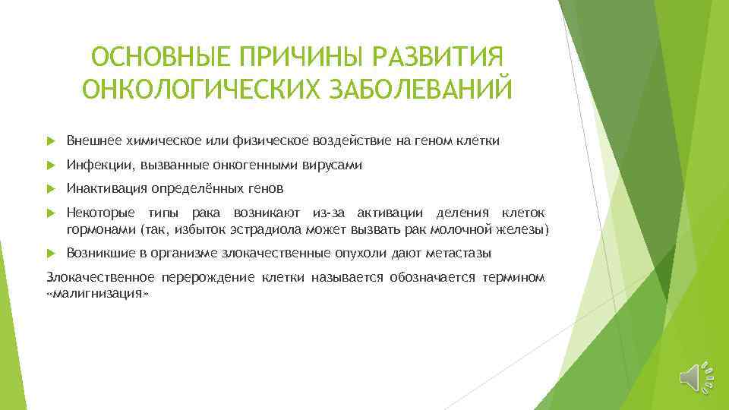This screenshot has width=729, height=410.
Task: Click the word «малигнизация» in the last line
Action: click(x=95, y=292)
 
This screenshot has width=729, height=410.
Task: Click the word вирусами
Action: click(x=337, y=166)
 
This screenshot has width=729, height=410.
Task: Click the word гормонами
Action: click(x=96, y=229)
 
